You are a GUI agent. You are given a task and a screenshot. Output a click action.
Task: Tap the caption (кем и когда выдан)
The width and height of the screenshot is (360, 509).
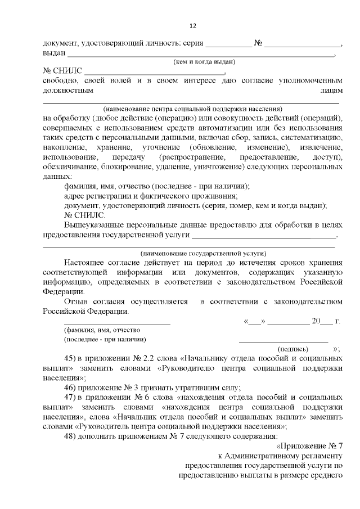(x=204, y=62)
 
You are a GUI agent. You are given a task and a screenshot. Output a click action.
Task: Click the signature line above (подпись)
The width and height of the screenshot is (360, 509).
(x=283, y=340)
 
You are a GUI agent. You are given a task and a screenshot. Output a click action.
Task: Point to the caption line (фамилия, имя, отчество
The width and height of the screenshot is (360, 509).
(x=102, y=330)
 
